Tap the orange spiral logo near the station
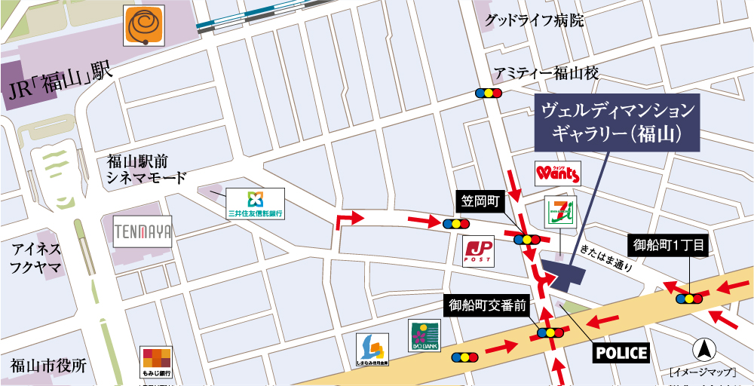click(x=145, y=26)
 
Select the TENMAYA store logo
click(x=143, y=231)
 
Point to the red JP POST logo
click(x=479, y=251)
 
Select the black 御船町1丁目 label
click(x=669, y=245)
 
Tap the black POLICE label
click(x=621, y=352)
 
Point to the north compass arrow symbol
click(x=703, y=349)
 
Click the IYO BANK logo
click(x=424, y=335)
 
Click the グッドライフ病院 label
click(x=535, y=20)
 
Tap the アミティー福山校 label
click(x=546, y=73)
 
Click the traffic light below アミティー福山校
click(x=489, y=93)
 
